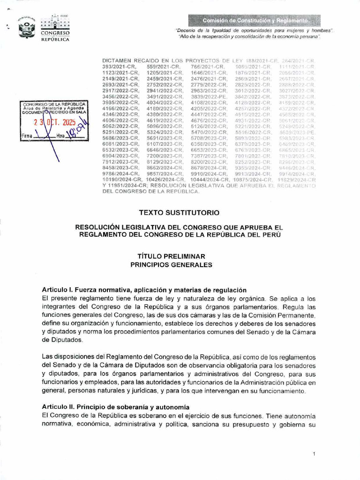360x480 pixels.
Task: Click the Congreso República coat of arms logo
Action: [27, 29]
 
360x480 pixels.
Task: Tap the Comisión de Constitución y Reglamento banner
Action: [255, 21]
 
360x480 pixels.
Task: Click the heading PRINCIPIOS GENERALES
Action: [171, 264]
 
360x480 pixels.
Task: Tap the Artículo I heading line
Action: [144, 290]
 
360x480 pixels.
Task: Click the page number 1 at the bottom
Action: [314, 454]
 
